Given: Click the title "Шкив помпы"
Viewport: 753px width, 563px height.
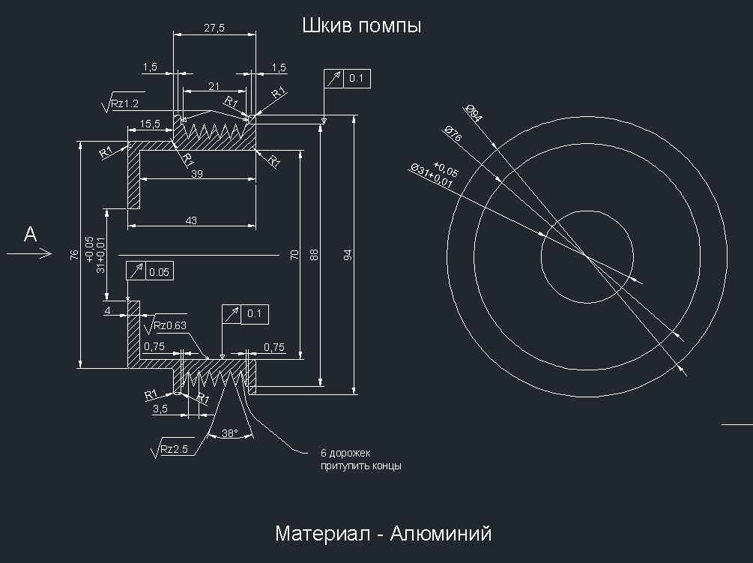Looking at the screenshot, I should [362, 25].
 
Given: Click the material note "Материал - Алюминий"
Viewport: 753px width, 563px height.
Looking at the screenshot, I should [383, 534].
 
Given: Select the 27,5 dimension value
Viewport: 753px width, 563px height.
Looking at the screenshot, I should [214, 28].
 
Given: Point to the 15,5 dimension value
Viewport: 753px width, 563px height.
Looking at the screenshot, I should [149, 124].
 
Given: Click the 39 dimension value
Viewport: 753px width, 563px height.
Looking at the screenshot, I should [197, 174].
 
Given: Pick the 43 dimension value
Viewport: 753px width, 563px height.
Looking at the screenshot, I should [191, 220].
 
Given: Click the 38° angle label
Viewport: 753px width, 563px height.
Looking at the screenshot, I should [229, 433].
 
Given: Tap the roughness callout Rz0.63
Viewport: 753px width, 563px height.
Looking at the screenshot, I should [169, 325].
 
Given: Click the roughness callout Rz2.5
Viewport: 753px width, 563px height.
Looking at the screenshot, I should [173, 450].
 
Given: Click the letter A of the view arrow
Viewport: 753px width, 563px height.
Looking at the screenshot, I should [30, 235].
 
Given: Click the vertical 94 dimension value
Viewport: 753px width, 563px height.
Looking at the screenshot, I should [348, 255].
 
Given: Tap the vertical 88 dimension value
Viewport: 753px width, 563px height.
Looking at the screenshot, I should [314, 255].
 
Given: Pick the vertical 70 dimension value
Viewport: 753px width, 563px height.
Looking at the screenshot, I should [294, 256].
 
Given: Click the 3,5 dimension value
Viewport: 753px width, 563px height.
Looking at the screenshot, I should [160, 409].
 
